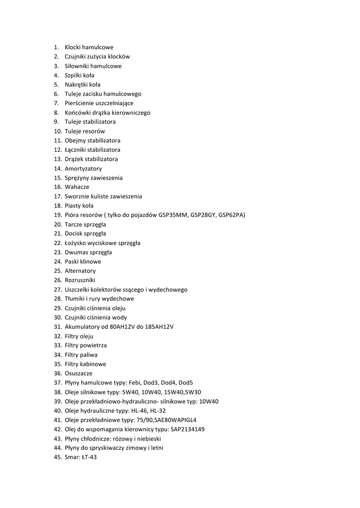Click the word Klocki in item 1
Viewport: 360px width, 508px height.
pos(73,47)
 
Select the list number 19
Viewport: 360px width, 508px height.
pos(58,215)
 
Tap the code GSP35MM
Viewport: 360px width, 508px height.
pos(172,215)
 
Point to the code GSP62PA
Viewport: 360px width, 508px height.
pos(231,215)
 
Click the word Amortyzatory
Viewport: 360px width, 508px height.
pos(83,169)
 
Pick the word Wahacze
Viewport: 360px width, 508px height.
pos(77,187)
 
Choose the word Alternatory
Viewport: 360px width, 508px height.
pos(80,271)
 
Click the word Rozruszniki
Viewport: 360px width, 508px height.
pos(79,280)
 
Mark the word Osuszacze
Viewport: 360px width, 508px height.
pos(78,374)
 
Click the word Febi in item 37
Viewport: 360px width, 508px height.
pos(135,383)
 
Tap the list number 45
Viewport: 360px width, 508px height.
pos(58,457)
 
